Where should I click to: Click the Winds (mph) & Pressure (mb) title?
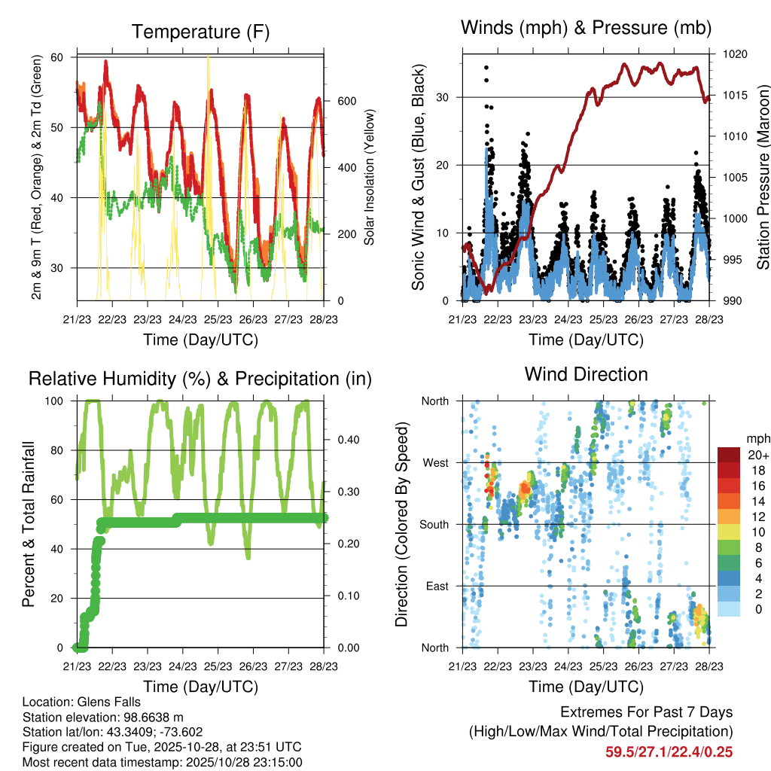pos(587,28)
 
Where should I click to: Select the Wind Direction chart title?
pos(586,374)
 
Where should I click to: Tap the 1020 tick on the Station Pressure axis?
pos(734,54)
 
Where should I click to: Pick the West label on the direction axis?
pos(436,462)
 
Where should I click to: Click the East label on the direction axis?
pos(437,586)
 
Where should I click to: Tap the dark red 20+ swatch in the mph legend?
pos(730,456)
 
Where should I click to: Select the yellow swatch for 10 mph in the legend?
pos(730,532)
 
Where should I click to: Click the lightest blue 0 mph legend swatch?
pos(730,610)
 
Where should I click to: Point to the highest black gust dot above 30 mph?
pos(486,68)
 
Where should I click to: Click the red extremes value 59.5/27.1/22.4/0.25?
pos(669,751)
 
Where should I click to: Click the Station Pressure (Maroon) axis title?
pos(762,177)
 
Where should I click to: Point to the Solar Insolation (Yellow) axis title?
pos(370,177)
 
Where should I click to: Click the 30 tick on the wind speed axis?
pos(444,97)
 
